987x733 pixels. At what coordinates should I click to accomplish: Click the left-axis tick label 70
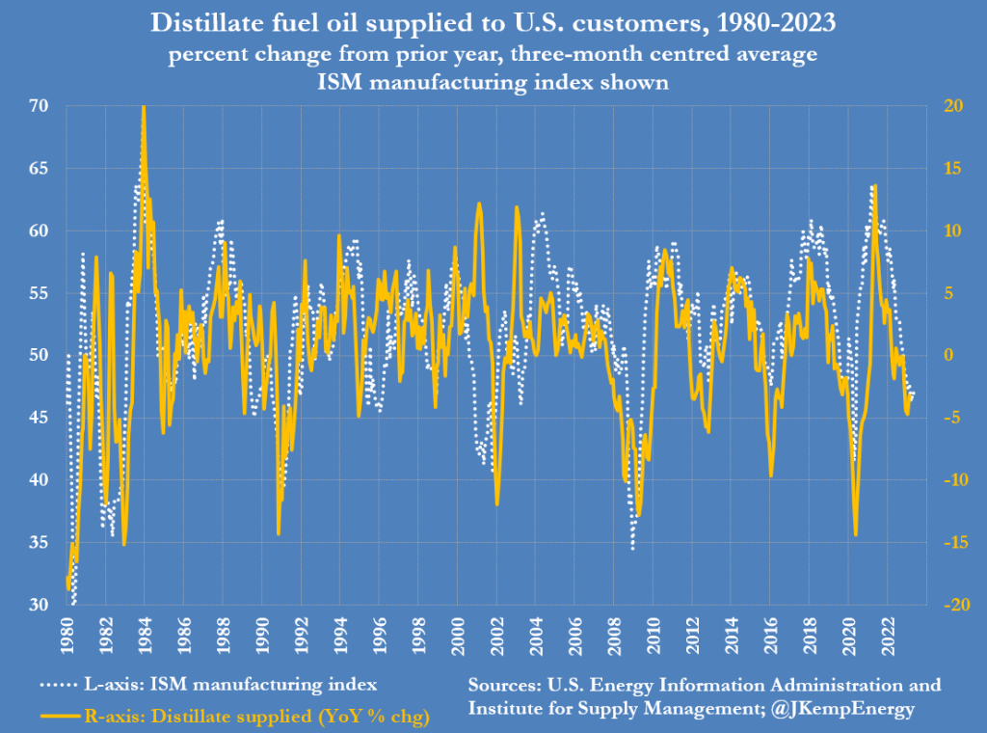click(x=40, y=105)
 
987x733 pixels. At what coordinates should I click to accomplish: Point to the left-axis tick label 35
click(x=40, y=543)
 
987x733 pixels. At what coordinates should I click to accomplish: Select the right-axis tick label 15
click(x=950, y=168)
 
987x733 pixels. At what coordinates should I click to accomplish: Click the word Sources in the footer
click(x=508, y=686)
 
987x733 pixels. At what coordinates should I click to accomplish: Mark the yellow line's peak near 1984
click(x=144, y=107)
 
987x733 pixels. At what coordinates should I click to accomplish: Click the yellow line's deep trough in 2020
click(x=856, y=533)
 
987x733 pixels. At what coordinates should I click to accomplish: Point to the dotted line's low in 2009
click(x=633, y=548)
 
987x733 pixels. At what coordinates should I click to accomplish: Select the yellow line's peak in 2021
click(x=873, y=186)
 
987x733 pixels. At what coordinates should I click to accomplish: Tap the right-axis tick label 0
click(x=945, y=355)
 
